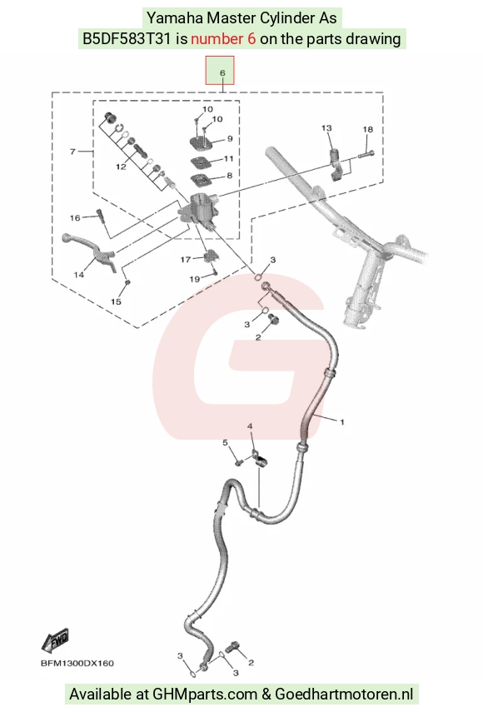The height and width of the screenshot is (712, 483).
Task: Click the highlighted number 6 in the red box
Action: (x=222, y=72)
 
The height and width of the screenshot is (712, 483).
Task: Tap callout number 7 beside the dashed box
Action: (x=72, y=152)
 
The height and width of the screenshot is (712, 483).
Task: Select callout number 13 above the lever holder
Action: (x=326, y=128)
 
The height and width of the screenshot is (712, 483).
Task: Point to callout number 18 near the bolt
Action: (x=368, y=129)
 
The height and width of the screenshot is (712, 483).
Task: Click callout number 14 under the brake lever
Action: (x=79, y=275)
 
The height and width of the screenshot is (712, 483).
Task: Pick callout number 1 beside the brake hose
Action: (x=342, y=422)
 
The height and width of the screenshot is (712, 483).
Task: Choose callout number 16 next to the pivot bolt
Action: (x=75, y=218)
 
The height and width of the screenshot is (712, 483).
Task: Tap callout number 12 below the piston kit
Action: (x=121, y=167)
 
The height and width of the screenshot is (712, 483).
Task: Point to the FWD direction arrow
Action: (x=55, y=640)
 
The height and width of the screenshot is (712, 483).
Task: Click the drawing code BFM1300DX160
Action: (x=77, y=664)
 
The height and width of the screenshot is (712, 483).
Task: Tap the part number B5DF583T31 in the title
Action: (x=127, y=38)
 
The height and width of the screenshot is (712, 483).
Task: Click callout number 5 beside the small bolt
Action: (x=225, y=443)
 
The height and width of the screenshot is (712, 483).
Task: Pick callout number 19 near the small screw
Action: (x=194, y=279)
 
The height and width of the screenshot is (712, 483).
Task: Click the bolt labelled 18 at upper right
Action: (x=366, y=154)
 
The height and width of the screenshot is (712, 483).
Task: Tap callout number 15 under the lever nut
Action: (x=116, y=301)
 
